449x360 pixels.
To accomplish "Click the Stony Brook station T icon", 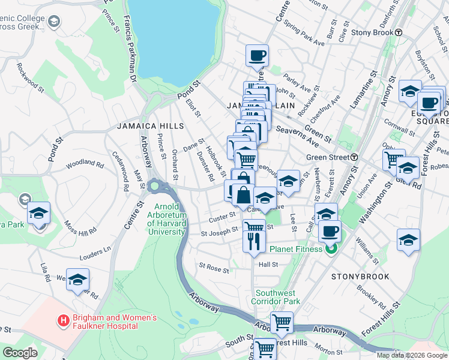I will tap(398, 32).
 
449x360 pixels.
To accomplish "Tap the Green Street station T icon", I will tap(354, 157).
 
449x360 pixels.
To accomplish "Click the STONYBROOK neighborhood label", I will tap(360, 277).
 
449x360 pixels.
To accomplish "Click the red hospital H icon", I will tap(61, 321).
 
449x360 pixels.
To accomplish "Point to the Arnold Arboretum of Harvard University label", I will tap(166, 220).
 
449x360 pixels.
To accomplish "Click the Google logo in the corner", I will tap(20, 353).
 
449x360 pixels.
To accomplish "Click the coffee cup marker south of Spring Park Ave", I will tap(257, 56).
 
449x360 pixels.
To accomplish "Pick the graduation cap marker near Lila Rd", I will tap(77, 280).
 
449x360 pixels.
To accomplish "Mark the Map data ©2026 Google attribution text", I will tap(411, 355).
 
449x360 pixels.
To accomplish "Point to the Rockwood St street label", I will tap(30, 78).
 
